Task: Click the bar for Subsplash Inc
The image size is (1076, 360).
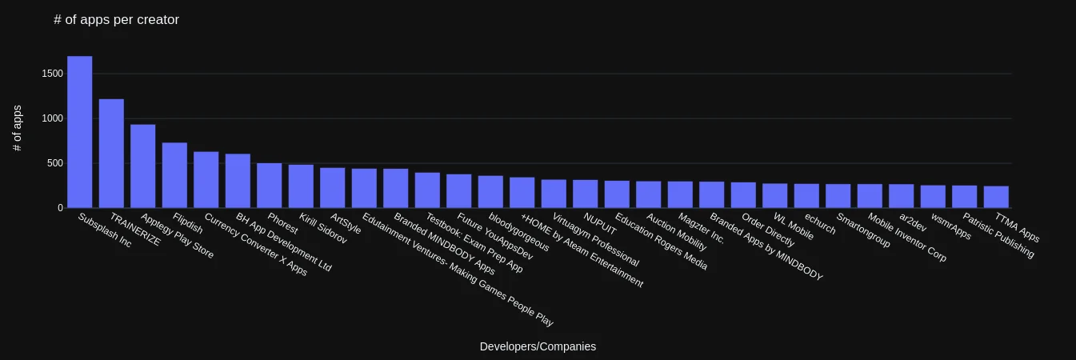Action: tap(80, 132)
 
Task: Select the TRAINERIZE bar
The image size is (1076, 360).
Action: tap(111, 154)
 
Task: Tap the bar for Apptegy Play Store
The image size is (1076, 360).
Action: tap(142, 166)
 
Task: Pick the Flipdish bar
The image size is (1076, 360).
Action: tap(174, 175)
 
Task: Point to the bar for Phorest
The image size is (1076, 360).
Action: tap(270, 186)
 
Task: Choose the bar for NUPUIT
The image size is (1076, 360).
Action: tap(586, 194)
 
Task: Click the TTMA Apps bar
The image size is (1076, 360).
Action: tap(996, 197)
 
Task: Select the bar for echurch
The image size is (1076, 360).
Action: tap(806, 196)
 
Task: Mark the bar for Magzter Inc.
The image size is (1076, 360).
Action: tap(680, 194)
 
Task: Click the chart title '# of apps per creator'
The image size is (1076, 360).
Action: tap(116, 20)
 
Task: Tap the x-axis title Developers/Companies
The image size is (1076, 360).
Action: tap(538, 346)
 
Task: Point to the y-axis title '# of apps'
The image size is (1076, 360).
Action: tap(18, 128)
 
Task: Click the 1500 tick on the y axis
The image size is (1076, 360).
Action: tap(52, 74)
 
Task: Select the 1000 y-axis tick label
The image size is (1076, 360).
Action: tap(52, 118)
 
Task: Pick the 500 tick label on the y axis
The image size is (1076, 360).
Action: tap(55, 163)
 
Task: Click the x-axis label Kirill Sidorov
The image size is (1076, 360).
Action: tap(323, 228)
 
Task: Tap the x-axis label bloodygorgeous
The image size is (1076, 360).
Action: tap(518, 232)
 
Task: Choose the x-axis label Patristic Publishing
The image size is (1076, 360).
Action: tap(998, 235)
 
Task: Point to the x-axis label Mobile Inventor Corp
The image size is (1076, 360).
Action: tap(907, 238)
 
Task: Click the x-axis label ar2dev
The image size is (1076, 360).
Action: tap(913, 222)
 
